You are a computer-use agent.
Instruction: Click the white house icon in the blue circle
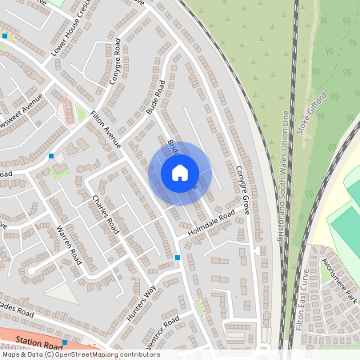point(180,173)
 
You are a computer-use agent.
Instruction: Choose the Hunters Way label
point(140,302)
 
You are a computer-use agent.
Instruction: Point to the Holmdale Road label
point(211,223)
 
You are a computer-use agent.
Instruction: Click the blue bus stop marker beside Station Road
point(65,342)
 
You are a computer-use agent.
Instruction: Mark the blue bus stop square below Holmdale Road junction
point(178,258)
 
